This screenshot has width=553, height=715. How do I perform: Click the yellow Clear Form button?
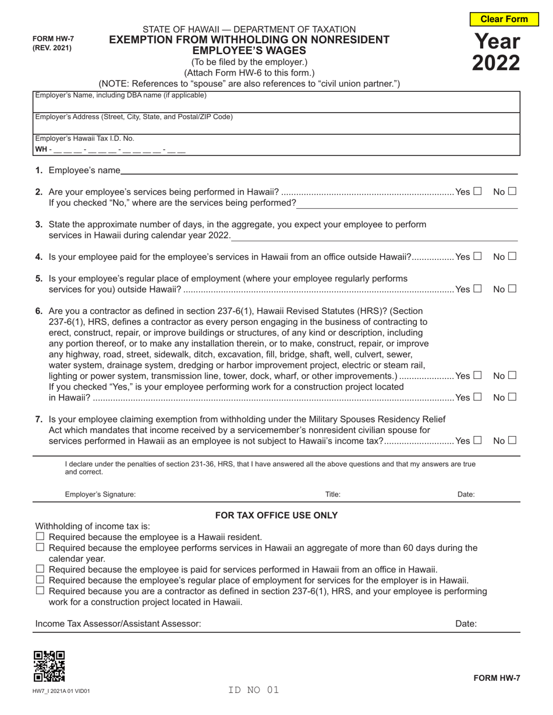(504, 19)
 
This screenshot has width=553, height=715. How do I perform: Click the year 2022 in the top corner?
(496, 62)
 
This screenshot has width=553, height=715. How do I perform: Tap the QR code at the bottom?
(49, 666)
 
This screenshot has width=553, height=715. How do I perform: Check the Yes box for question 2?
(477, 191)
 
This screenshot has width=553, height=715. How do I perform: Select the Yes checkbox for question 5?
(477, 289)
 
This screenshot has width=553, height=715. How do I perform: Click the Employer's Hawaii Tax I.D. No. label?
(84, 138)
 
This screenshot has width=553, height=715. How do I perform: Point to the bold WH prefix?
(41, 149)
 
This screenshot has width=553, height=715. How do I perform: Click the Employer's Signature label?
(100, 495)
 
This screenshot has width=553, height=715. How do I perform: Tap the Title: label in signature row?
(333, 495)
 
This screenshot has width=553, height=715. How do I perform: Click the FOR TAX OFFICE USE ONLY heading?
(276, 515)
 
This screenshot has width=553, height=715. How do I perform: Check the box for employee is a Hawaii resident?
(40, 537)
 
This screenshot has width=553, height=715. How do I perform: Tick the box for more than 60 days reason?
(40, 548)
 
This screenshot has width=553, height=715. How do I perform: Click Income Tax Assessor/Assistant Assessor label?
(118, 624)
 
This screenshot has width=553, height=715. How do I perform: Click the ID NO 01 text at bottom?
(254, 690)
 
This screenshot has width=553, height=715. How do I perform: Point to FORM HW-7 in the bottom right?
(496, 678)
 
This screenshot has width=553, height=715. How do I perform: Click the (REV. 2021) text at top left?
(52, 48)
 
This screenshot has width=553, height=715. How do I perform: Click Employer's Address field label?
(134, 117)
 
